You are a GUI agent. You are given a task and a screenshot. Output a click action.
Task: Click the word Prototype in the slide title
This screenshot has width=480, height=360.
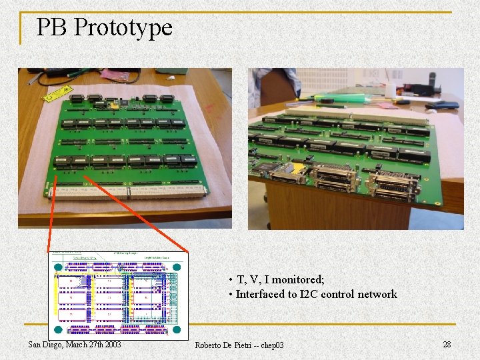(123, 28)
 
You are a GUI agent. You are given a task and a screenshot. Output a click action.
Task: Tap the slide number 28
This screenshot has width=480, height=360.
(447, 344)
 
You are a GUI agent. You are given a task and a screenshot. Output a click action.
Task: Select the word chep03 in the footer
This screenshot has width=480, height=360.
(271, 345)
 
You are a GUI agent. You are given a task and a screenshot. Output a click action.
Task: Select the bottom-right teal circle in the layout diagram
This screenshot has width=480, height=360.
(177, 329)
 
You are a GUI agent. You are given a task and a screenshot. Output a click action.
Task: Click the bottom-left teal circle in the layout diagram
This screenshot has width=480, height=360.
(57, 329)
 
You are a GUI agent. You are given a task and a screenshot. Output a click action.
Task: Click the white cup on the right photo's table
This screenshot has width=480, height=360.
(393, 87)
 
